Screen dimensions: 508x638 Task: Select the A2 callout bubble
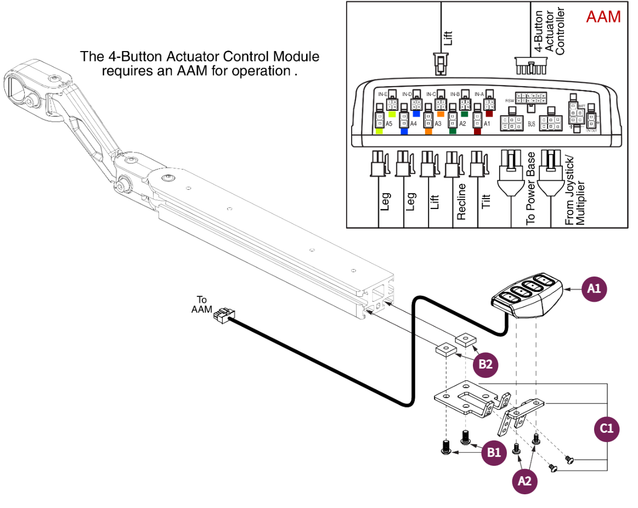click(x=525, y=481)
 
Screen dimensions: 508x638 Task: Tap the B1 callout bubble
click(x=495, y=453)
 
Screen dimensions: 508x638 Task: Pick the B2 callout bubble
click(x=486, y=363)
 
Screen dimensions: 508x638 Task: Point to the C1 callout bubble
click(x=607, y=429)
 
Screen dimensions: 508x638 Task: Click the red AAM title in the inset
click(x=603, y=16)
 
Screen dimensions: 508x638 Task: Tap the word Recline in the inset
click(x=461, y=201)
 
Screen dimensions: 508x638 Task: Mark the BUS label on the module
click(x=531, y=125)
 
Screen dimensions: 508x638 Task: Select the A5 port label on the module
click(x=388, y=124)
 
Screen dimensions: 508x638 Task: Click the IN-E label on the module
click(x=382, y=94)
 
